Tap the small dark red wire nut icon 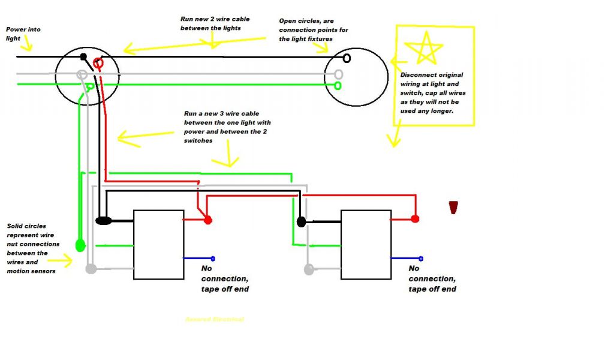pyautogui.click(x=454, y=207)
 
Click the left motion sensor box pyautogui.click(x=158, y=244)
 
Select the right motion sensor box pyautogui.click(x=366, y=244)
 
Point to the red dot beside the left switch pyautogui.click(x=207, y=220)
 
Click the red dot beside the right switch pyautogui.click(x=414, y=220)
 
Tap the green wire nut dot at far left pyautogui.click(x=80, y=245)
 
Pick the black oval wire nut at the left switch pyautogui.click(x=103, y=221)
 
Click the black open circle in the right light pyautogui.click(x=347, y=58)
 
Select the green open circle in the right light pyautogui.click(x=338, y=86)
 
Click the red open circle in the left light pyautogui.click(x=100, y=62)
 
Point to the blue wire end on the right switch pyautogui.click(x=420, y=259)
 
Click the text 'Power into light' pyautogui.click(x=23, y=34)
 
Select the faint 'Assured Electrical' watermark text pyautogui.click(x=215, y=319)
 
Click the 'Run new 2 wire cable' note pyautogui.click(x=215, y=23)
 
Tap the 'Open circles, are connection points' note pyautogui.click(x=313, y=30)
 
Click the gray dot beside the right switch pyautogui.click(x=309, y=269)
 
